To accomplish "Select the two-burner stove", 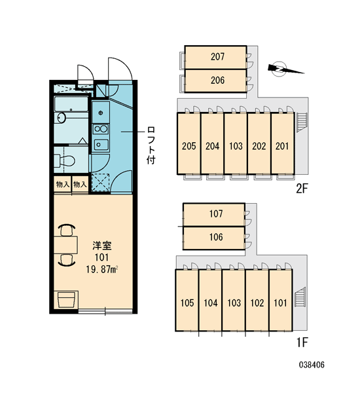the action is click(101, 129).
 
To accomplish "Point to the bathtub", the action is click(71, 104).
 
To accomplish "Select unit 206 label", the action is click(217, 80).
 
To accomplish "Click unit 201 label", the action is click(282, 146).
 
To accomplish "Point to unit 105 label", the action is click(187, 303).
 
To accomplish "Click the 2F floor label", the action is click(302, 189).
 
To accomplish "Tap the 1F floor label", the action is click(302, 342).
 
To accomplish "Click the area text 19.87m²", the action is click(102, 269).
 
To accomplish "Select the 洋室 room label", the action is click(102, 246).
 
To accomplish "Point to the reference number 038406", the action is click(312, 365).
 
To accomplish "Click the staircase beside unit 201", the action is click(302, 122).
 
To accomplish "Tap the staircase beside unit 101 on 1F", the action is click(300, 297).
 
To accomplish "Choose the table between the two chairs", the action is click(65, 244).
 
